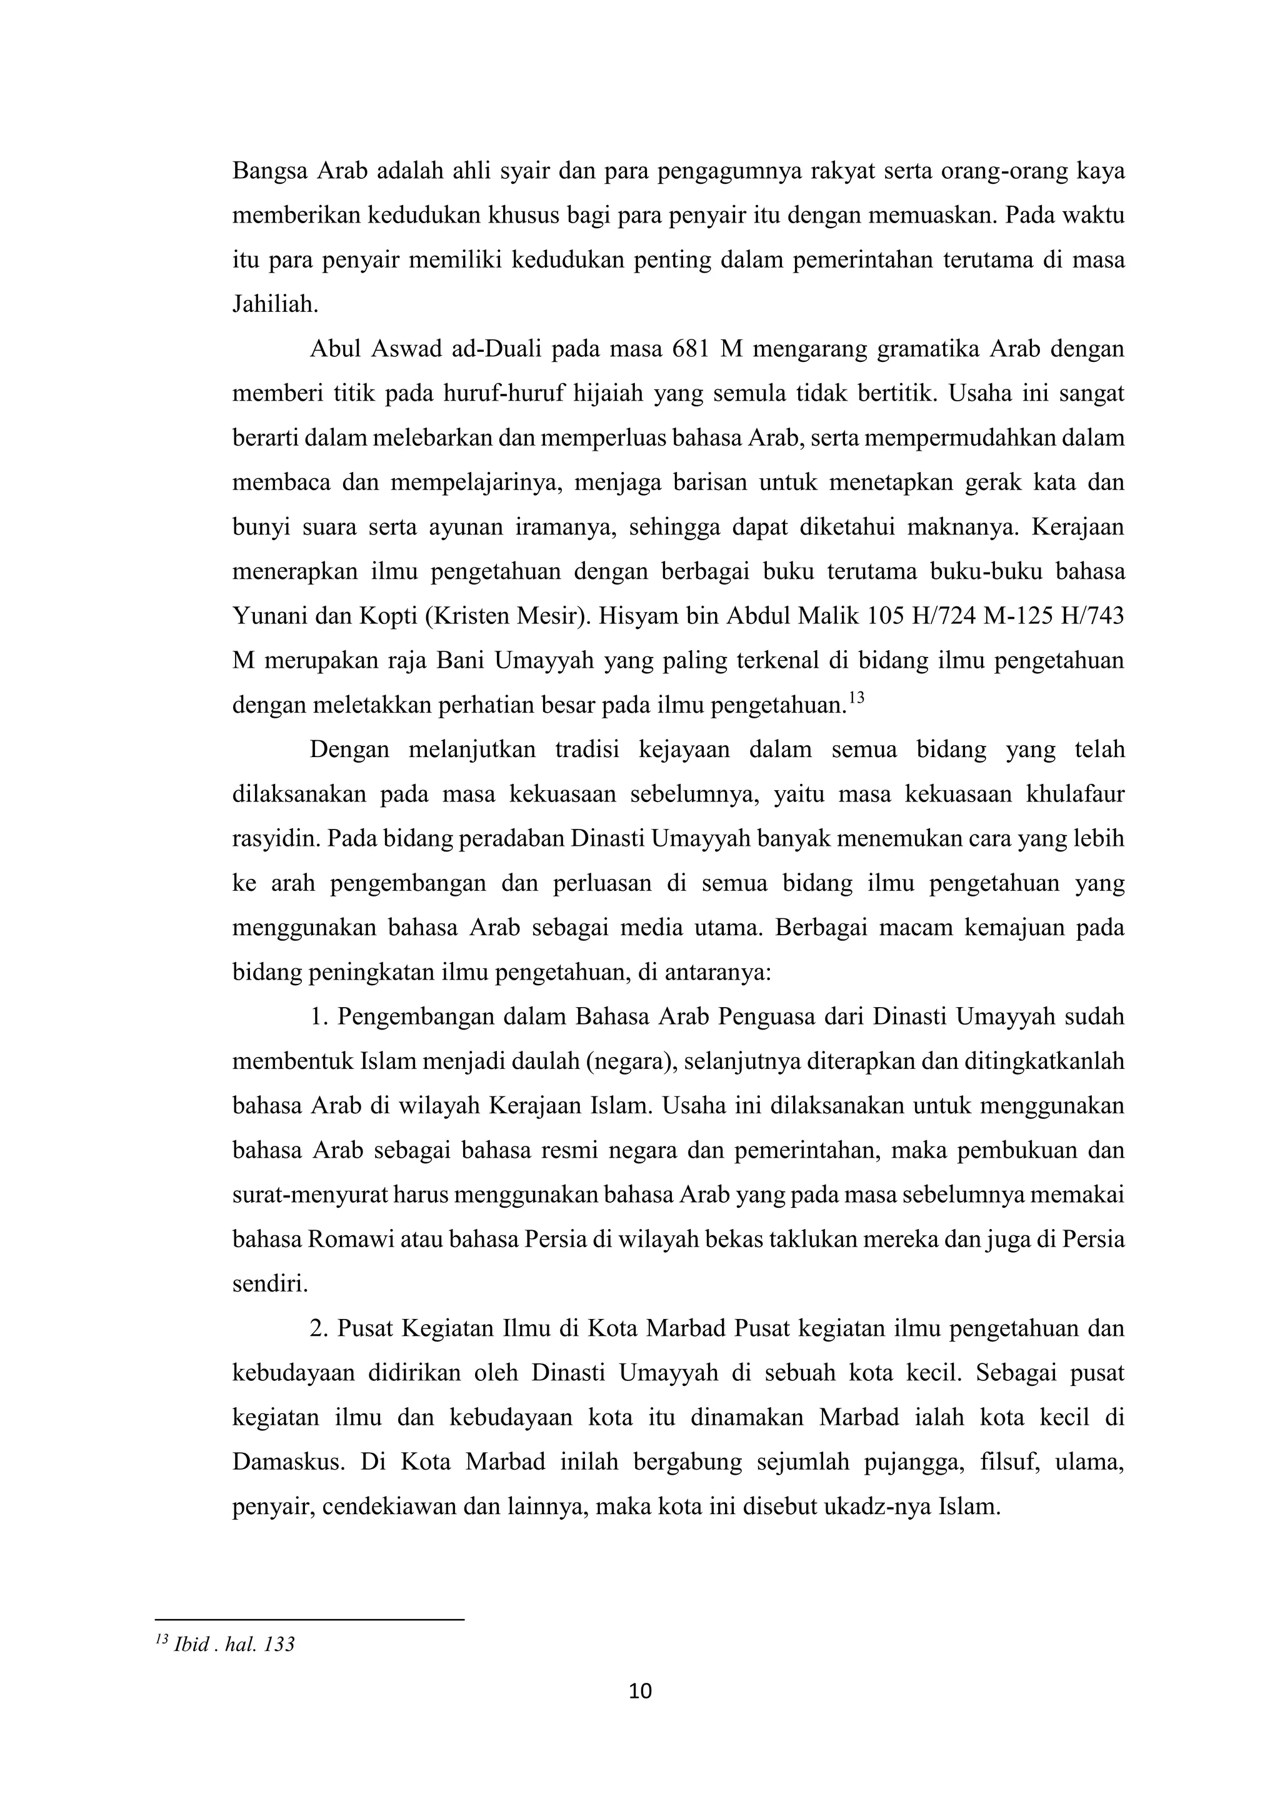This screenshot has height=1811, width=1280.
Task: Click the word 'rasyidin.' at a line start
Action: (275, 838)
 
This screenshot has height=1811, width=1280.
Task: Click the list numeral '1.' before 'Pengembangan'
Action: (319, 1016)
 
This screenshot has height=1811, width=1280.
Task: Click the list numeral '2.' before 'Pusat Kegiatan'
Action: (319, 1328)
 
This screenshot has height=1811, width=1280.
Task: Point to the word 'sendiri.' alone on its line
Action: (270, 1284)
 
